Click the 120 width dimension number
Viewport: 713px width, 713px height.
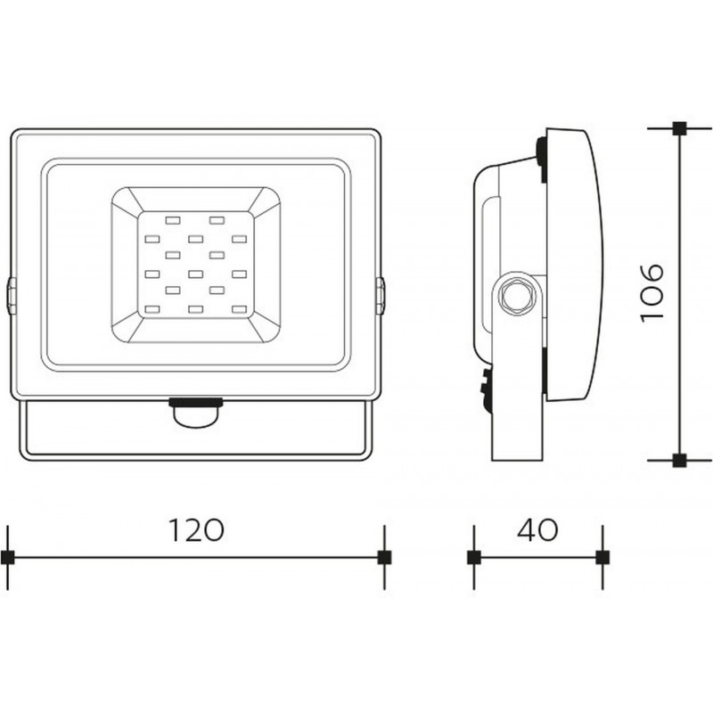[x=196, y=530]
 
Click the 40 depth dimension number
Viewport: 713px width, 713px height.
[x=537, y=530]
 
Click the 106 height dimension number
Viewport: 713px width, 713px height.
[x=652, y=293]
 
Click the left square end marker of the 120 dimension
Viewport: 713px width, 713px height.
[x=8, y=557]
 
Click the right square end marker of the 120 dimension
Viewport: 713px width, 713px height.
[x=385, y=557]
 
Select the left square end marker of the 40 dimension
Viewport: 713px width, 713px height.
[x=474, y=557]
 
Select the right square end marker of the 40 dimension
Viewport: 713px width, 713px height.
[x=602, y=557]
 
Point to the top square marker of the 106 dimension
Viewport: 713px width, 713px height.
[x=679, y=128]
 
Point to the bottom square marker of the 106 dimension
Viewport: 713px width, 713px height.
[x=679, y=460]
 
